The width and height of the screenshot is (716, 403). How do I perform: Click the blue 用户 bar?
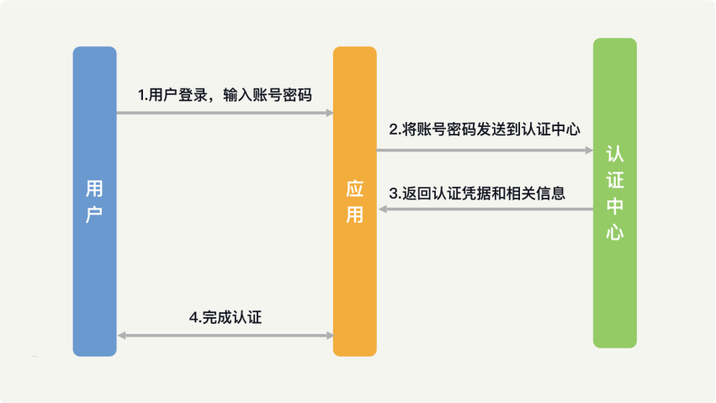point(94,201)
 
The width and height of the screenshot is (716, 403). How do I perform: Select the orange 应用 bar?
point(355,201)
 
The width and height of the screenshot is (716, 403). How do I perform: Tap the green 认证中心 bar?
point(615,193)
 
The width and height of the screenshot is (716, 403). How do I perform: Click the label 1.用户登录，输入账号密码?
point(225,95)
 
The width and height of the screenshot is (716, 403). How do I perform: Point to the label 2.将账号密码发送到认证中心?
point(485,130)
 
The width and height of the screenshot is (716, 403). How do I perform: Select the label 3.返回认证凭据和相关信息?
point(477,194)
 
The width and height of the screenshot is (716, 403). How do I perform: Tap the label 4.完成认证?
point(225,317)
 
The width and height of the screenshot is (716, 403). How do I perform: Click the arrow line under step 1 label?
point(225,113)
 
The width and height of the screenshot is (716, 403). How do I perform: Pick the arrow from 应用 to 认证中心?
point(485,150)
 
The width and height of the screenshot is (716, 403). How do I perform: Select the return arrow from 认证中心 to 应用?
point(485,209)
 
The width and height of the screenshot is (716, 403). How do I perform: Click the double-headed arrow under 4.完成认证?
point(225,336)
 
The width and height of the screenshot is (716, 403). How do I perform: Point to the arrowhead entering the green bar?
point(589,150)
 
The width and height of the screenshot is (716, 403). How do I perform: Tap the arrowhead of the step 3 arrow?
point(383,209)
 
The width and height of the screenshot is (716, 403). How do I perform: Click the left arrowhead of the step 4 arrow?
point(121,336)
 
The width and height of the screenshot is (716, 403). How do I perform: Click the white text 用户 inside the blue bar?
point(94,201)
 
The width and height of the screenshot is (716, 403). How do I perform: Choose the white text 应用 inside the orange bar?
point(355,201)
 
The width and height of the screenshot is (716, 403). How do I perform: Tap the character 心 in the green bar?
point(615,232)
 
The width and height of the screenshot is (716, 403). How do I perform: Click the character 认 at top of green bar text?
point(615,154)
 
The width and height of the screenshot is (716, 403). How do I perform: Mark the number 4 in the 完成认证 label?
point(194,318)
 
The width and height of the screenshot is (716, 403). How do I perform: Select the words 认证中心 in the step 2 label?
point(551,130)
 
